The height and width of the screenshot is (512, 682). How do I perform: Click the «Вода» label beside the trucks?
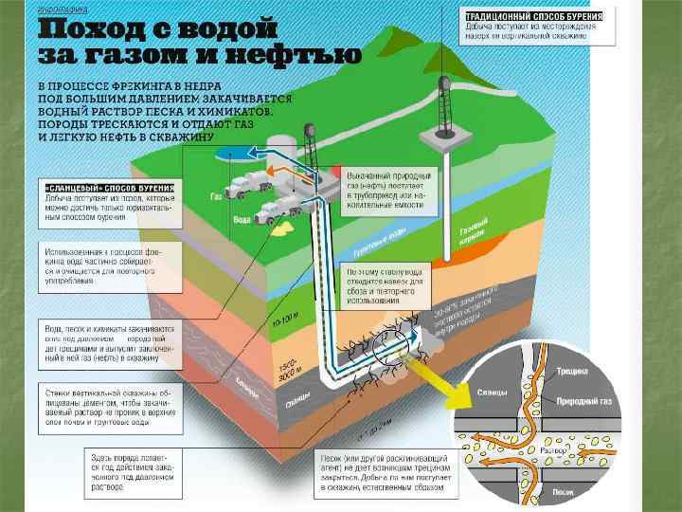[x=242, y=220]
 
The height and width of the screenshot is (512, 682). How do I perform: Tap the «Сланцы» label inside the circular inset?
[x=493, y=392]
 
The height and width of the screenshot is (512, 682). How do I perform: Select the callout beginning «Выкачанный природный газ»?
[x=388, y=188]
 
